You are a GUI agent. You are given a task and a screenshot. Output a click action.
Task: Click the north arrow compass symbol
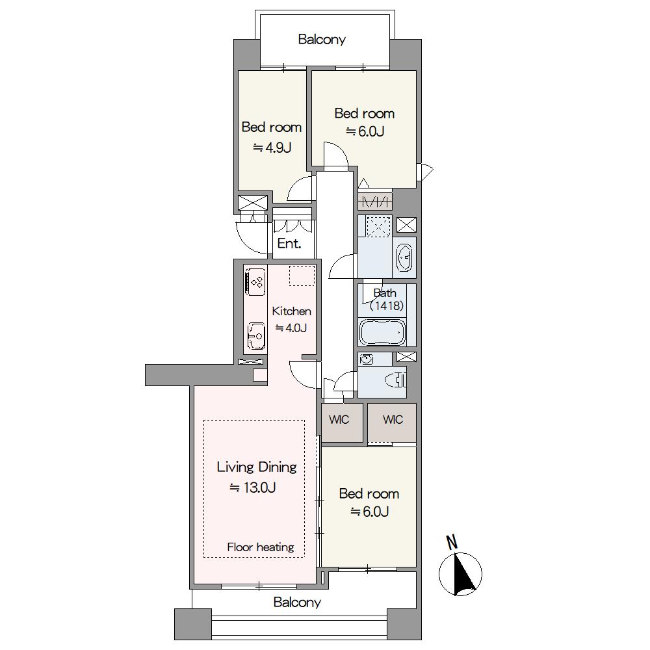pos(460,575)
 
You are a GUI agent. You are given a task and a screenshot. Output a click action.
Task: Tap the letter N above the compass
pos(452,542)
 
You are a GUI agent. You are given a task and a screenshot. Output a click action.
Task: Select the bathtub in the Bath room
pos(382,331)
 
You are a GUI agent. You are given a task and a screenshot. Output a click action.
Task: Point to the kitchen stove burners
pos(255,281)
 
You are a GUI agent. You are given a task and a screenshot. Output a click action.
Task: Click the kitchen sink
pos(255,336)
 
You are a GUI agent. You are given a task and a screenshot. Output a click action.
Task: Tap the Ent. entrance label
pos(289,243)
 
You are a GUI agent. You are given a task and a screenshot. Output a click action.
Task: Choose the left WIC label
pos(339,419)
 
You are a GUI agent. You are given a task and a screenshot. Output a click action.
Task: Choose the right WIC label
pos(393,419)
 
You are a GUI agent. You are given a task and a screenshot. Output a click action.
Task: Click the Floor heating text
pos(261,547)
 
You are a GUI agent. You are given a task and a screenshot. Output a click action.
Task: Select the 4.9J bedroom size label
pos(272,147)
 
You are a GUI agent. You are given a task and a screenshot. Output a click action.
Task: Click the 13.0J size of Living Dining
pos(253,487)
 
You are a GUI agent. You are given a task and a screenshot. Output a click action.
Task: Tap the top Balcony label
pos(322,40)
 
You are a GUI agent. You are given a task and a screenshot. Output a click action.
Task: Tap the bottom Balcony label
pos(297,602)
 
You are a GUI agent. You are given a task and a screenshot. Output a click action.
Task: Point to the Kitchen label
pos(291,311)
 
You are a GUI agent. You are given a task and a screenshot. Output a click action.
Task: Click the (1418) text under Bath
pos(386,306)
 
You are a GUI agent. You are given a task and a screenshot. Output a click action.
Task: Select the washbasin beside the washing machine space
pos(404,257)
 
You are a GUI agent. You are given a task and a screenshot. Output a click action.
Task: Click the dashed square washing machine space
pos(379,226)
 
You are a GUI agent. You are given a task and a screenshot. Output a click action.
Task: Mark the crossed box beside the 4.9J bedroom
pos(253,203)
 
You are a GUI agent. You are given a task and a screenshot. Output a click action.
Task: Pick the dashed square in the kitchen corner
pos(302,276)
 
